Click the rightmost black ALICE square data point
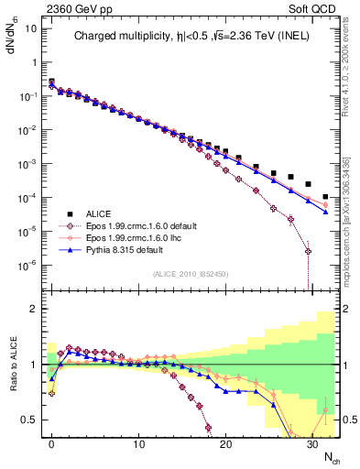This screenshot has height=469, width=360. pyautogui.click(x=326, y=196)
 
